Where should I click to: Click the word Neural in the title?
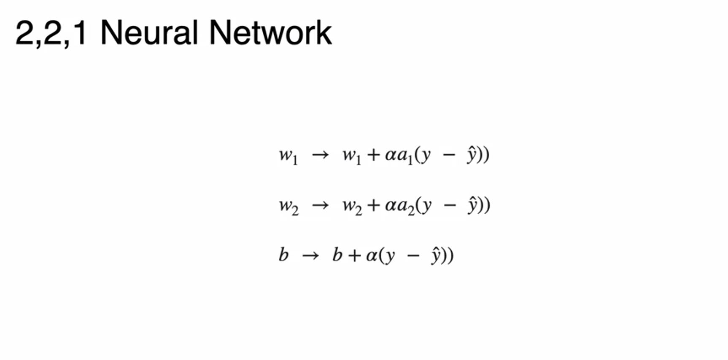tap(149, 33)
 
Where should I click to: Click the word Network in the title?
tap(270, 33)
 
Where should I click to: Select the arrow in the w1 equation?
tap(320, 155)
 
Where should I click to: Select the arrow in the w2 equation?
tap(320, 205)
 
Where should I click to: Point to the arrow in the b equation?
tap(310, 255)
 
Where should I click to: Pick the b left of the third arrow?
tap(283, 255)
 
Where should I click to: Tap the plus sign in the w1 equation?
tap(373, 155)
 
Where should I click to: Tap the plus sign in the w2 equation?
tap(373, 205)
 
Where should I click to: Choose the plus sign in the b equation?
tap(355, 255)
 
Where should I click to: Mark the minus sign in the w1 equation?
tap(449, 155)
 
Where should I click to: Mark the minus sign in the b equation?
tap(413, 255)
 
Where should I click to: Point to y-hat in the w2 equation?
tap(472, 205)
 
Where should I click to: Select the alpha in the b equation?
tap(372, 255)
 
